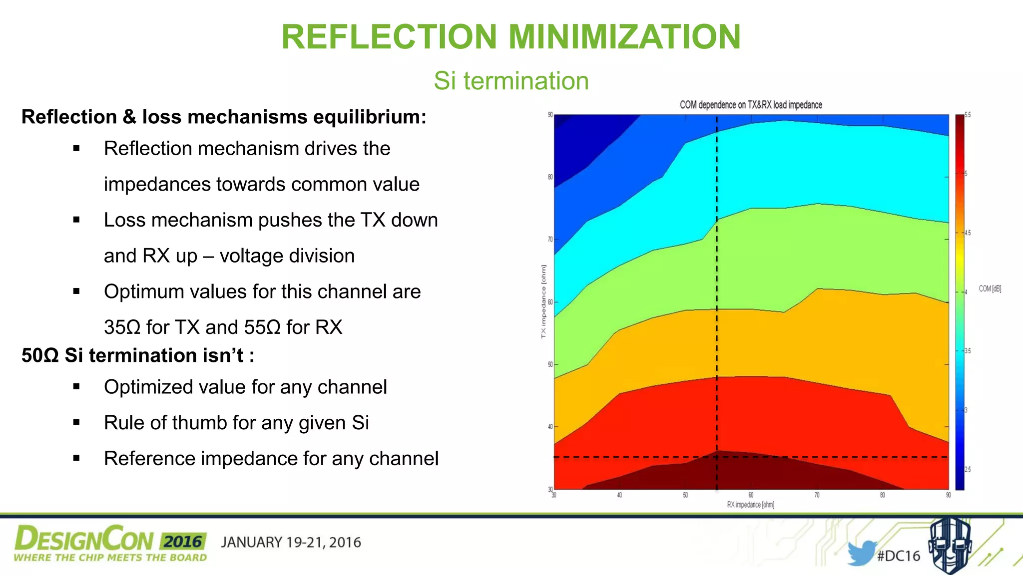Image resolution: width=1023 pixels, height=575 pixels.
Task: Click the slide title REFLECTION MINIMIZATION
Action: pos(511,37)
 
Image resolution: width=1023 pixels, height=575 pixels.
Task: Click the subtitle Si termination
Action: pos(511,81)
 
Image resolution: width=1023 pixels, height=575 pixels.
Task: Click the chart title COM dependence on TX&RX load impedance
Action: pos(750,105)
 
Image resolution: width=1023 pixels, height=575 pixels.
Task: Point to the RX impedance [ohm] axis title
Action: pos(750,505)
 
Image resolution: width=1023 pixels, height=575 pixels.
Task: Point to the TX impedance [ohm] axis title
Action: pos(543,301)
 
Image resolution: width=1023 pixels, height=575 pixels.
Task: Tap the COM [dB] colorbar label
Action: pos(990,288)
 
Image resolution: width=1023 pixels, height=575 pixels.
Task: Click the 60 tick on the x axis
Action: pos(751,495)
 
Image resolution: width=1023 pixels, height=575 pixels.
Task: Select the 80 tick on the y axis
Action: pos(550,177)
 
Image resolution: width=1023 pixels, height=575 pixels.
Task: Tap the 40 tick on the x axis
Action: pos(619,495)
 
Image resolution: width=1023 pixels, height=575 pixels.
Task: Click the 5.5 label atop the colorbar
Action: pos(968,115)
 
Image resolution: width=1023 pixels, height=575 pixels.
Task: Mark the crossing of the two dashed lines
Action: pos(717,457)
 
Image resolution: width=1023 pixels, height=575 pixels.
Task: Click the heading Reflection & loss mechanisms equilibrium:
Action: pos(224,117)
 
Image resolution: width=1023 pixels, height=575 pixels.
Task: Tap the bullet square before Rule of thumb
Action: pos(76,422)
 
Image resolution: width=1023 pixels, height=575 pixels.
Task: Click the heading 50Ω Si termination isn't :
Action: pos(138,355)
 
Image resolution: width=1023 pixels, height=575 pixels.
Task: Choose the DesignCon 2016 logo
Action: pos(110,543)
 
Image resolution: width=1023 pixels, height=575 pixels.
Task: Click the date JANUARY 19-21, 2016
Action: pos(291,543)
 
